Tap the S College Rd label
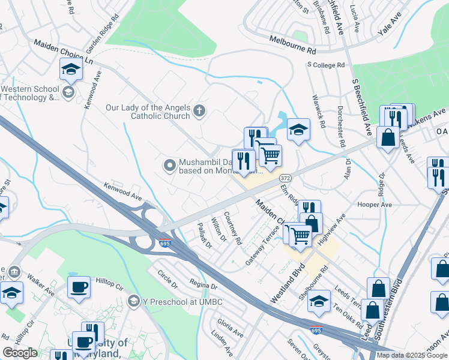pyautogui.click(x=326, y=65)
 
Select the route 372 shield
pyautogui.click(x=286, y=179)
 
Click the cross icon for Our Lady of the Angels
pyautogui.click(x=199, y=111)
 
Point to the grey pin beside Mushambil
pyautogui.click(x=169, y=164)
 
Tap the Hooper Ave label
pyautogui.click(x=375, y=205)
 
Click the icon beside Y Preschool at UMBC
pyautogui.click(x=134, y=301)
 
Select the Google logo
pyautogui.click(x=20, y=353)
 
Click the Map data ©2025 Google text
pyautogui.click(x=411, y=355)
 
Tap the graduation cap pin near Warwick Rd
pyautogui.click(x=298, y=130)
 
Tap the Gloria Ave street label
pyautogui.click(x=230, y=327)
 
